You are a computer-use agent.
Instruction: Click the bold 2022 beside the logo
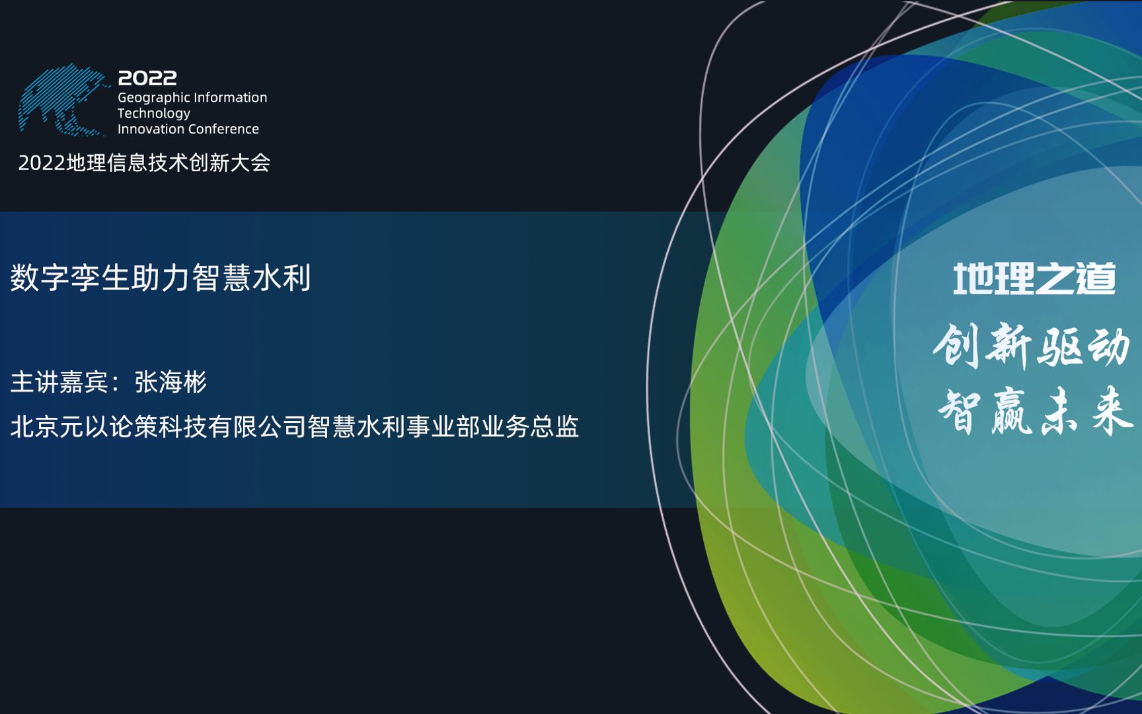click(147, 78)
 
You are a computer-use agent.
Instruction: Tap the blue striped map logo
click(63, 100)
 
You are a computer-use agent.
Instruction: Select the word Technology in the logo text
click(153, 113)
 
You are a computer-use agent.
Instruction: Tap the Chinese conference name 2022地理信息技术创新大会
click(144, 163)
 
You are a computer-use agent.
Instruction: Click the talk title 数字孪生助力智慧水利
click(161, 278)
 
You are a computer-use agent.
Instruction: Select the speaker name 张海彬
click(171, 382)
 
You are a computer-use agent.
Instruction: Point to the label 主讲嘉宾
click(59, 382)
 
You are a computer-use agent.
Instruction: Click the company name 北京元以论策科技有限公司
click(158, 427)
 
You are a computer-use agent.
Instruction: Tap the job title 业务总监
click(530, 427)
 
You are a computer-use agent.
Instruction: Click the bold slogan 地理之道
click(1034, 279)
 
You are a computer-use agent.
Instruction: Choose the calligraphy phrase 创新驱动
click(1032, 346)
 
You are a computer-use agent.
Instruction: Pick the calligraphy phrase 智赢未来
click(1035, 412)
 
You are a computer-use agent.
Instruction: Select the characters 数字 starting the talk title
click(40, 278)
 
